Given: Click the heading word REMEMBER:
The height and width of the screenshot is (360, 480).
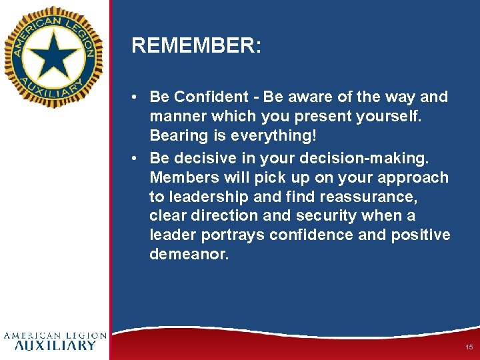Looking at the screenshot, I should (196, 46).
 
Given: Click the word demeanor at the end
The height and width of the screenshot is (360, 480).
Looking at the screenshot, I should (189, 255).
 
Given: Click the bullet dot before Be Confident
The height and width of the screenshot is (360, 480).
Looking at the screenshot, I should (135, 97).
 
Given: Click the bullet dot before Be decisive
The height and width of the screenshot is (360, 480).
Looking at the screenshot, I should (135, 158).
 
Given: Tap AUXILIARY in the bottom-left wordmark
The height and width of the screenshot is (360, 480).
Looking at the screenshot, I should (55, 345).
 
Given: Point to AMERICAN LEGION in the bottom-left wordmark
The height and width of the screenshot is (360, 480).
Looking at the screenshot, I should (55, 335).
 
